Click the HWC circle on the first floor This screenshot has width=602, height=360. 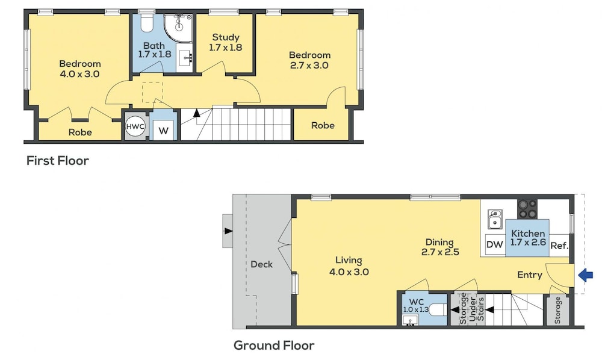tap(135, 126)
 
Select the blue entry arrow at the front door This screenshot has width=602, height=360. tap(586, 275)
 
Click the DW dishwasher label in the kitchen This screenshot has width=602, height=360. tap(494, 244)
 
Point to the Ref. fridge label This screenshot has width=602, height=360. tap(559, 246)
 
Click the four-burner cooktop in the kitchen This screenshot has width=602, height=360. tap(527, 209)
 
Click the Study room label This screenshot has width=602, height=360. tap(226, 42)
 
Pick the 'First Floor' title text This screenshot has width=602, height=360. tap(58, 160)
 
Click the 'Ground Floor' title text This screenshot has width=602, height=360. tap(274, 346)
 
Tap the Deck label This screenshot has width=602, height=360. tap(261, 264)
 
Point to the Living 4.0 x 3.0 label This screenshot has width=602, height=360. tap(349, 266)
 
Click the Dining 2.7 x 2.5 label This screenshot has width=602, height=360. tap(440, 247)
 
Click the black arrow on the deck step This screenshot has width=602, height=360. tap(228, 231)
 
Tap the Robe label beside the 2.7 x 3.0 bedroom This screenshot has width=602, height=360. tap(323, 125)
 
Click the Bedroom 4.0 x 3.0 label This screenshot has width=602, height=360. tap(80, 69)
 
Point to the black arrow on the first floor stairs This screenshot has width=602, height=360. tap(197, 113)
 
